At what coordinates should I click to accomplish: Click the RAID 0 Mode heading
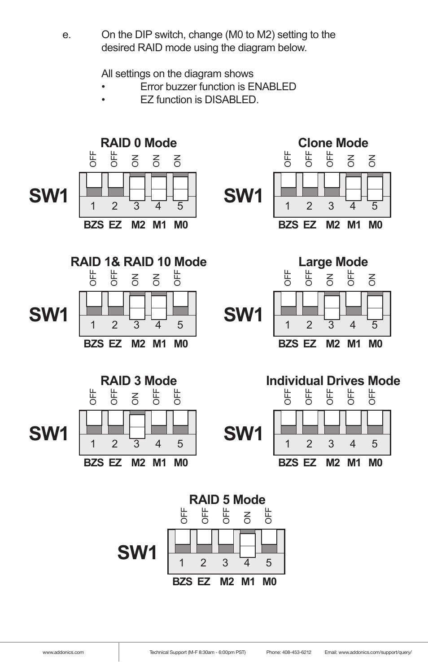(x=139, y=143)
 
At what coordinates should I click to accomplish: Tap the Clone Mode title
(x=333, y=143)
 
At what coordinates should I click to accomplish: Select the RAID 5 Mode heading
(x=227, y=500)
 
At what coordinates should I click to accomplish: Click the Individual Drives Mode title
(x=333, y=381)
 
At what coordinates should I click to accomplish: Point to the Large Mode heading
(x=333, y=262)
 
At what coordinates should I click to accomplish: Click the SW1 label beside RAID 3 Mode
(x=48, y=434)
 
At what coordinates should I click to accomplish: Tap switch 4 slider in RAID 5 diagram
(x=247, y=545)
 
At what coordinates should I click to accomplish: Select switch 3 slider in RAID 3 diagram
(x=137, y=426)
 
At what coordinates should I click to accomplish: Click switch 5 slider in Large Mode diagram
(x=375, y=307)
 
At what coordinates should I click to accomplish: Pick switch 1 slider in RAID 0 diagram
(x=94, y=180)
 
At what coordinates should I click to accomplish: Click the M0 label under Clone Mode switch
(x=375, y=225)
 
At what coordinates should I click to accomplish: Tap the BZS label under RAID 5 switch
(x=182, y=582)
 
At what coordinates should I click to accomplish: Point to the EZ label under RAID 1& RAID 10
(x=115, y=344)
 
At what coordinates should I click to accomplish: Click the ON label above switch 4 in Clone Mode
(x=351, y=160)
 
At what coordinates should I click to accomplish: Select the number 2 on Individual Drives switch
(x=309, y=444)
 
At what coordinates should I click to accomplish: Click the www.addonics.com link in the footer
(x=63, y=652)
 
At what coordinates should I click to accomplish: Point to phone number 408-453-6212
(x=296, y=652)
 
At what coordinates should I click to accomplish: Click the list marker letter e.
(x=66, y=35)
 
